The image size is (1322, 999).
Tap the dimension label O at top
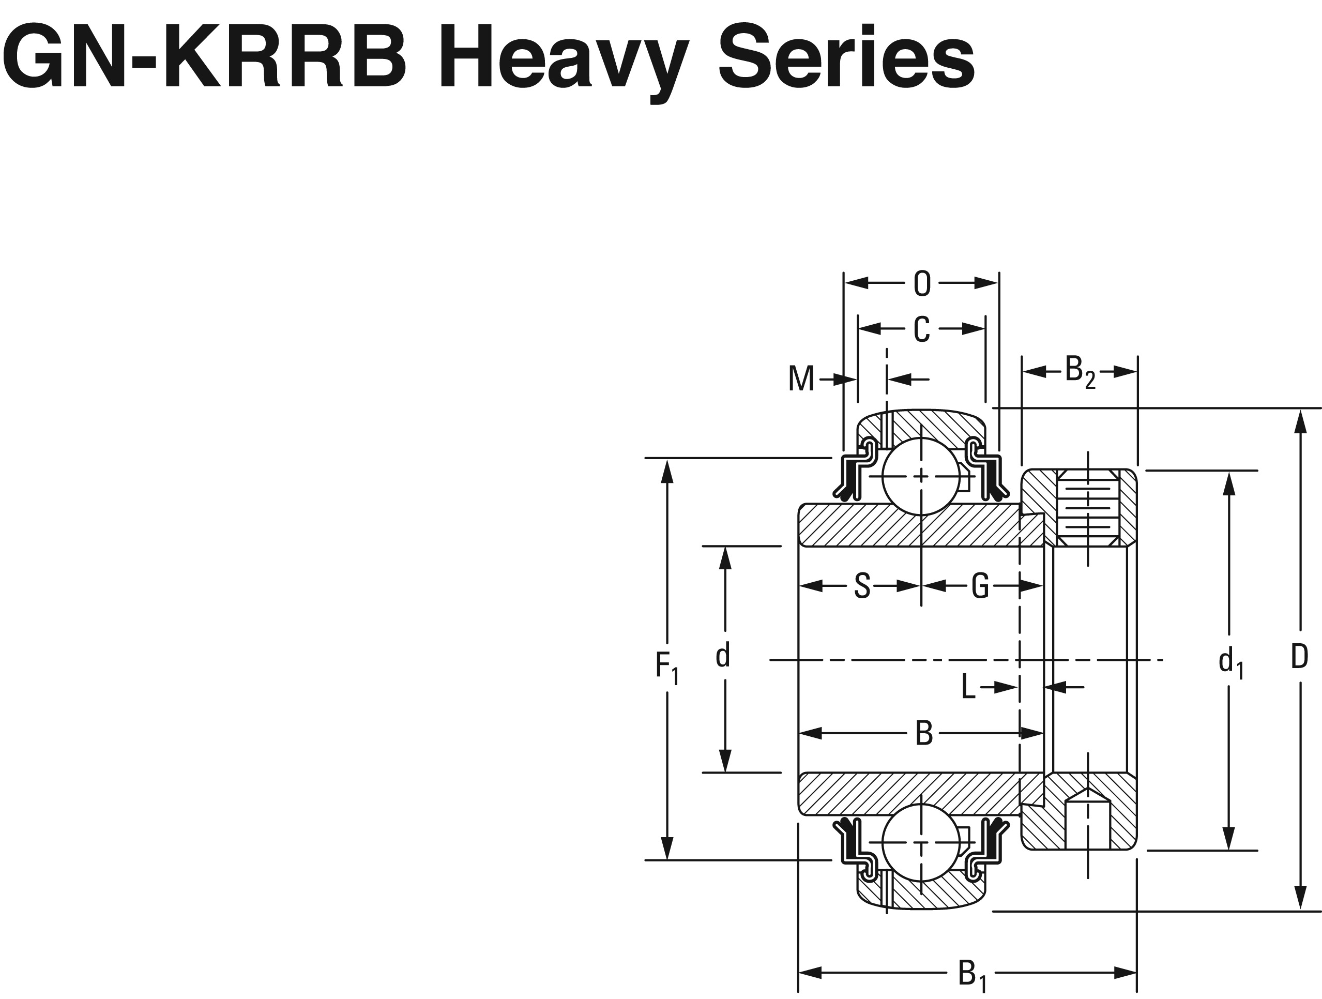pyautogui.click(x=922, y=284)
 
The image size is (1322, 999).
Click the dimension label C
pyautogui.click(x=922, y=329)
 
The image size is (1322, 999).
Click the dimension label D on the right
pyautogui.click(x=1299, y=658)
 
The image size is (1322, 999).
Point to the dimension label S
pyautogui.click(x=862, y=586)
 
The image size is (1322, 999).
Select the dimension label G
pyautogui.click(x=980, y=586)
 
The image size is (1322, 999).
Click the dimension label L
pyautogui.click(x=968, y=688)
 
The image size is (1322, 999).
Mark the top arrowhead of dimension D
pyautogui.click(x=1299, y=421)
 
